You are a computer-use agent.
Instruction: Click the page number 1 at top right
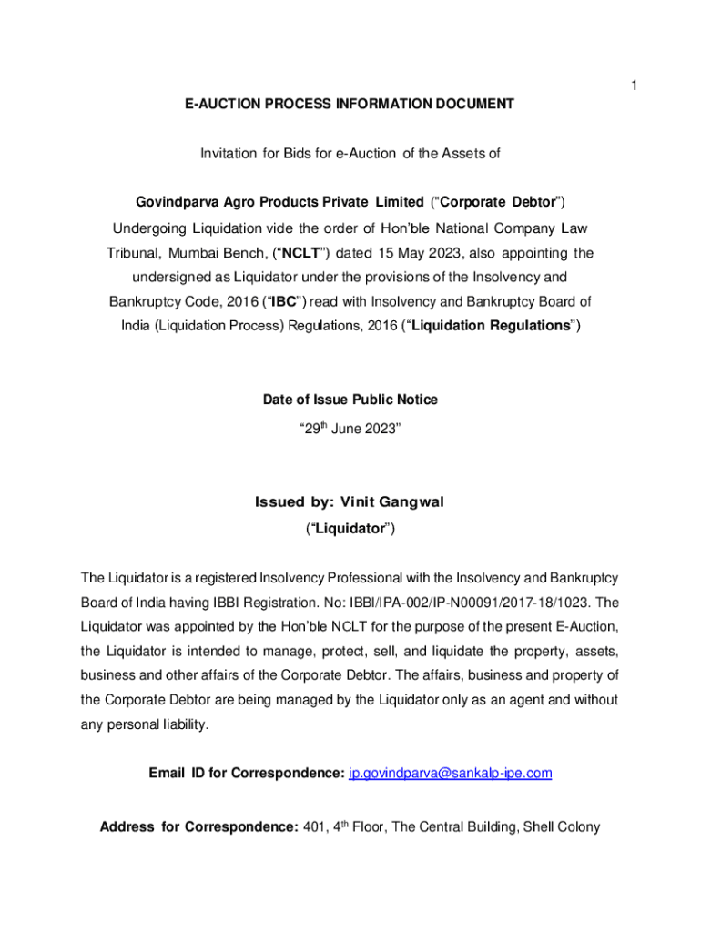(634, 86)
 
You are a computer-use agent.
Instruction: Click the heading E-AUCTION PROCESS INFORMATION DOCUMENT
(350, 105)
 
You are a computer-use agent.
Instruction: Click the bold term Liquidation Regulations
(490, 326)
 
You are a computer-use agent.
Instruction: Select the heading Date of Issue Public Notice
(350, 400)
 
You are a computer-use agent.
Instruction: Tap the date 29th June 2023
(350, 425)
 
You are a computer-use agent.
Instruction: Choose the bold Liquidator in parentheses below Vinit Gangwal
(350, 528)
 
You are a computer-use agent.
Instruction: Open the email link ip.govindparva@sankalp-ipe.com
(451, 774)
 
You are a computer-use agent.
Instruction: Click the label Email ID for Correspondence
(246, 774)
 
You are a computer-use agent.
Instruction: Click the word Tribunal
(134, 252)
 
